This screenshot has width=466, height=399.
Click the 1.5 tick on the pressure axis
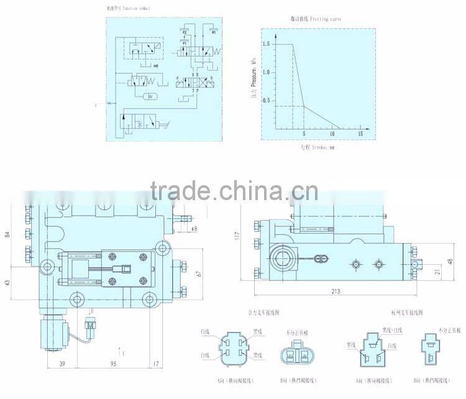267,44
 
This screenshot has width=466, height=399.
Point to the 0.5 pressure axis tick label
267,101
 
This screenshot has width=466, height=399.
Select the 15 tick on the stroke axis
360,134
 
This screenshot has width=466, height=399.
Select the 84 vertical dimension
7,234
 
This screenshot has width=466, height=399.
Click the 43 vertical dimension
7,283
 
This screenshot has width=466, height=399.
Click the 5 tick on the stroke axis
304,134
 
